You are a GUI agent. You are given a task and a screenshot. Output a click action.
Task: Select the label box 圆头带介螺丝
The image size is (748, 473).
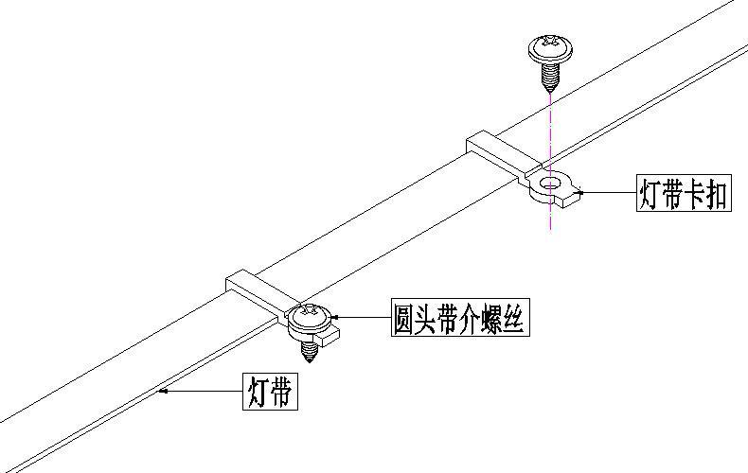pos(459,319)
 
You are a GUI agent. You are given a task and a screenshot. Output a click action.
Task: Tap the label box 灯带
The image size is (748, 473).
pos(270,391)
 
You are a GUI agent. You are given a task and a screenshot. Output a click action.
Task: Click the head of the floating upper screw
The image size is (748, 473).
pos(548,47)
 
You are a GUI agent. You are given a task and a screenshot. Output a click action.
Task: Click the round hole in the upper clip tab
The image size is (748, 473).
pos(549,179)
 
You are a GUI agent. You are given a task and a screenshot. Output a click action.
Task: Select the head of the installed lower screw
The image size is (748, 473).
pos(309,315)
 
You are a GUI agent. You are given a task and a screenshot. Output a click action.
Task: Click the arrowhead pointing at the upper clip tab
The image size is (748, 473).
pos(581,192)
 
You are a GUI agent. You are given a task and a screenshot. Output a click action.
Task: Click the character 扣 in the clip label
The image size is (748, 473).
pos(716,194)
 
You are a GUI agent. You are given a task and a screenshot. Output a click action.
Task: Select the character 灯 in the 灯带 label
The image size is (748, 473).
pos(259,391)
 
